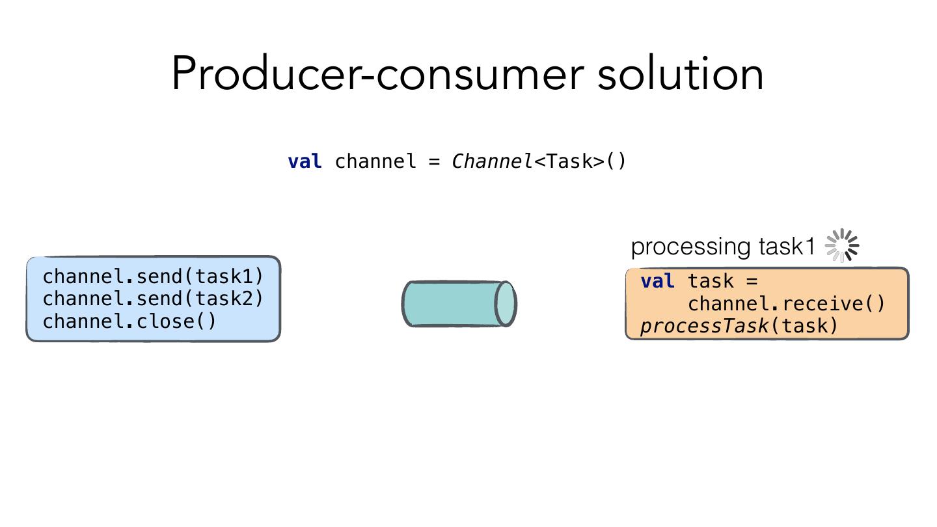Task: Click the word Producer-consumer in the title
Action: point(378,74)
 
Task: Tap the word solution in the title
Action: point(681,74)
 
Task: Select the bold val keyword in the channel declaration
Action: point(305,161)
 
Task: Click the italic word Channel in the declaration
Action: point(492,161)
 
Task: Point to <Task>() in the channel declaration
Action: point(580,161)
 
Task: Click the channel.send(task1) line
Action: point(153,277)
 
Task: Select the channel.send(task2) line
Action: point(153,299)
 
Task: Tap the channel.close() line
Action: point(129,321)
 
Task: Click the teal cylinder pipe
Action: point(459,304)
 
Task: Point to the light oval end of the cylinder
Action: point(506,304)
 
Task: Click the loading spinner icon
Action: point(841,245)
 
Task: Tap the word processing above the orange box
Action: point(690,247)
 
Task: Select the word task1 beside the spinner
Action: point(787,246)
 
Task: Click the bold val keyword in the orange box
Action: point(658,281)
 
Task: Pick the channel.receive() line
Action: point(787,304)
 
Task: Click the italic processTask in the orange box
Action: point(705,326)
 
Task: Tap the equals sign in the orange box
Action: point(752,281)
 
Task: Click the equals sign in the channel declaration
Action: point(435,161)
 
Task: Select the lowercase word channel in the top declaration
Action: point(375,161)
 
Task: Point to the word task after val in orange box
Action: point(711,281)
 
